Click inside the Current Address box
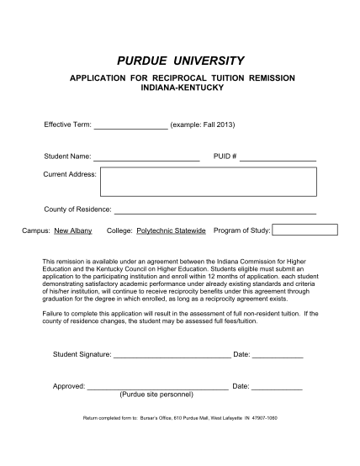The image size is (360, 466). click(x=207, y=181)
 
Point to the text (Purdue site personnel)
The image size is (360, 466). click(x=156, y=395)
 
